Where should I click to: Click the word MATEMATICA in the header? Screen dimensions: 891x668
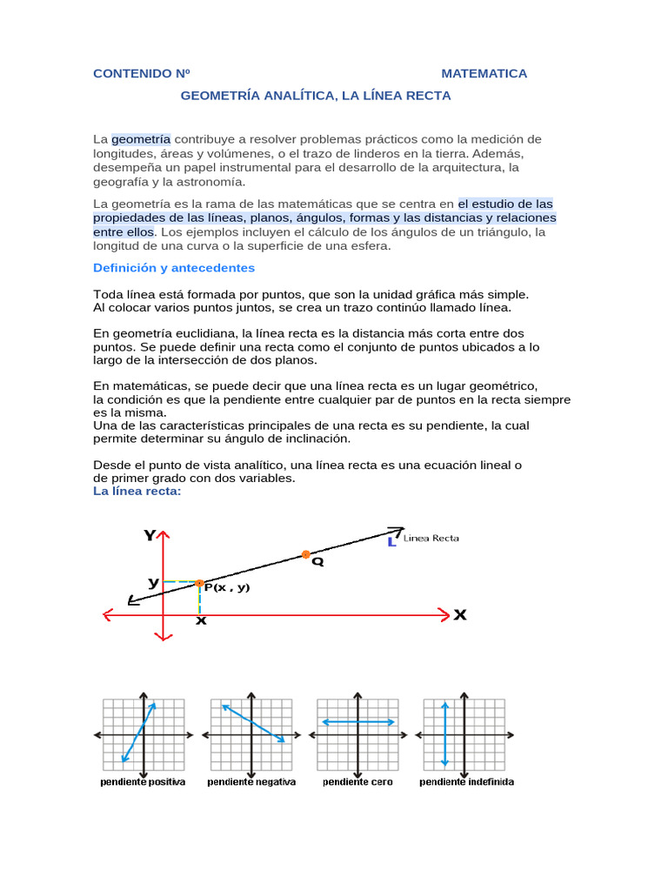click(484, 73)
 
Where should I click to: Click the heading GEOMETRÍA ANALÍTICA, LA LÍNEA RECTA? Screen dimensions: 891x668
click(316, 96)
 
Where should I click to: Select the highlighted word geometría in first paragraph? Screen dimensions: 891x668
click(141, 139)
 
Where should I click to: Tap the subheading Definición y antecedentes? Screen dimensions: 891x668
click(174, 268)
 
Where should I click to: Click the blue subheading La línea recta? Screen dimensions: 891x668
click(137, 492)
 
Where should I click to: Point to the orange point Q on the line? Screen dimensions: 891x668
click(305, 554)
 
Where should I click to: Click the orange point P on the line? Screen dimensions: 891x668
click(199, 583)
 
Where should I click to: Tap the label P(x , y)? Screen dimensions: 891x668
click(227, 587)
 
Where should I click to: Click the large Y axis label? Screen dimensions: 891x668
click(150, 536)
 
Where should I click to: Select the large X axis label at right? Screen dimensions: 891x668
click(459, 615)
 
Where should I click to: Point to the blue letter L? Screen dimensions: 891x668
click(392, 542)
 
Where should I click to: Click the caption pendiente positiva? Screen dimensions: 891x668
click(143, 782)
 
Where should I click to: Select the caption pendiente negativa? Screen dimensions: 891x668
click(251, 782)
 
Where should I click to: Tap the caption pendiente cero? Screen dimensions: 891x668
click(357, 782)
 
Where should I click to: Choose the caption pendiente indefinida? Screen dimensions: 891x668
click(466, 782)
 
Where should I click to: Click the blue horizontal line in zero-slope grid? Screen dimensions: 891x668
click(357, 722)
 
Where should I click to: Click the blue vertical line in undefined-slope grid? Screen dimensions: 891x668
click(445, 734)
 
